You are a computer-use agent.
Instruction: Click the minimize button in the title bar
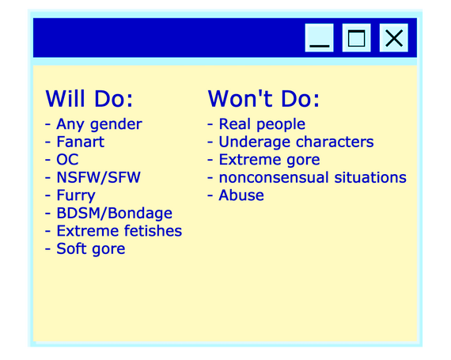(x=319, y=38)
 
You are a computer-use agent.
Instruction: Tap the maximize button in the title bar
(x=356, y=38)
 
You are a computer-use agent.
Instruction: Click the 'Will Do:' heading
(x=89, y=99)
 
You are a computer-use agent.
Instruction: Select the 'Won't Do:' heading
(x=263, y=99)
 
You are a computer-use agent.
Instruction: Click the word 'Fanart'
(x=81, y=142)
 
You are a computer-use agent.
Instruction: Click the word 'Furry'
(x=76, y=195)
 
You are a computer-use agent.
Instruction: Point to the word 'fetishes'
(x=153, y=231)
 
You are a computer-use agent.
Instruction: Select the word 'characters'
(x=335, y=142)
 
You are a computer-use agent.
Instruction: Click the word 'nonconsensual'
(x=274, y=177)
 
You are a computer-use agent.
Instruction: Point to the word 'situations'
(x=370, y=177)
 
